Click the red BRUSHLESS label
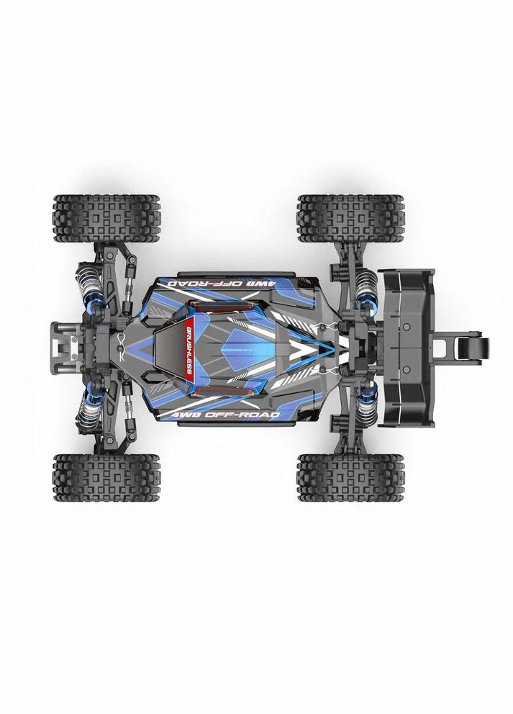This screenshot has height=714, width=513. [x=187, y=355]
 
